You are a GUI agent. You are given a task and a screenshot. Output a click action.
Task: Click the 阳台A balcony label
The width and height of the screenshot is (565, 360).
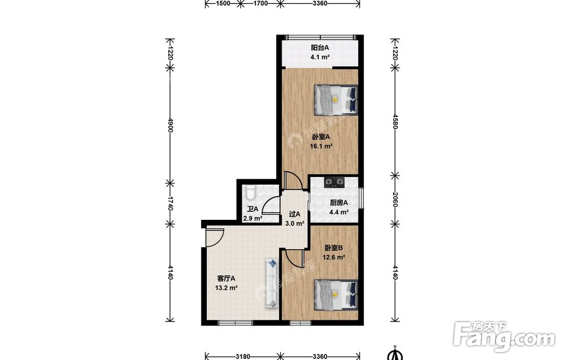click(x=320, y=47)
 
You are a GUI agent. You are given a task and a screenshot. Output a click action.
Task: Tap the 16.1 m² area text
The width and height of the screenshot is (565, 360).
click(x=321, y=146)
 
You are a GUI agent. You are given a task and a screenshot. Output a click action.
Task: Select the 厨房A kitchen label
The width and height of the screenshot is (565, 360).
click(x=338, y=203)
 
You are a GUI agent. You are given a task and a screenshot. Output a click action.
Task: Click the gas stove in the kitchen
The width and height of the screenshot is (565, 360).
click(x=334, y=183)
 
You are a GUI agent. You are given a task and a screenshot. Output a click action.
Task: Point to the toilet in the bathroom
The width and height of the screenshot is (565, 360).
click(x=250, y=192)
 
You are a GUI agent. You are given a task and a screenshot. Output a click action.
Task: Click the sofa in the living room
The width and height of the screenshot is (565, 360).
click(x=272, y=283)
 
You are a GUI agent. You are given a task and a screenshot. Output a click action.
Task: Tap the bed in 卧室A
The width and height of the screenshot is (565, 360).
click(x=336, y=100)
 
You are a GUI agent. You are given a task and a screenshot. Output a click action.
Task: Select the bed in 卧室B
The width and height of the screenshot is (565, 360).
click(x=336, y=294)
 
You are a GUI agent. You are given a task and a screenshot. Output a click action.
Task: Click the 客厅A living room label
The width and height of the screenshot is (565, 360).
click(x=226, y=279)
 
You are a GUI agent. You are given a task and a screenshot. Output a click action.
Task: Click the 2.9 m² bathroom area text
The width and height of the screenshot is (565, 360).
click(x=253, y=218)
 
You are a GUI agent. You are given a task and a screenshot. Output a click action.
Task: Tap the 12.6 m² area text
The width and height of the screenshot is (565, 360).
click(x=334, y=257)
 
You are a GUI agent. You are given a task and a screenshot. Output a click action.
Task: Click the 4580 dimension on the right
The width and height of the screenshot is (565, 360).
click(x=395, y=121)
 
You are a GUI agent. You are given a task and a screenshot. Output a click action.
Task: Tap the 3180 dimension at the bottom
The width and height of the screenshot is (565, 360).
click(x=242, y=357)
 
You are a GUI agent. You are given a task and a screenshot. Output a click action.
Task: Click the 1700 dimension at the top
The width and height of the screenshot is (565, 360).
click(x=260, y=3)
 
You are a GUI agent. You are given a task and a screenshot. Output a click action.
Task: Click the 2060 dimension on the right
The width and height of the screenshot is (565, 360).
click(x=395, y=200)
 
